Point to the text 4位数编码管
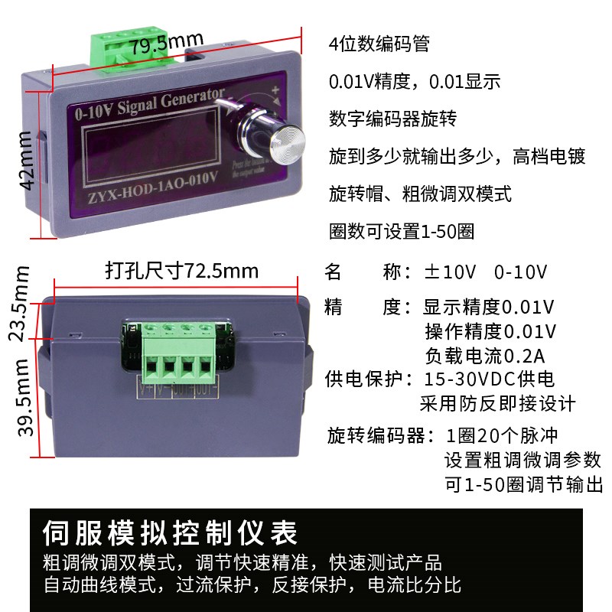click(379, 44)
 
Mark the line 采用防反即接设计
click(497, 403)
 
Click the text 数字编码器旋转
click(392, 119)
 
